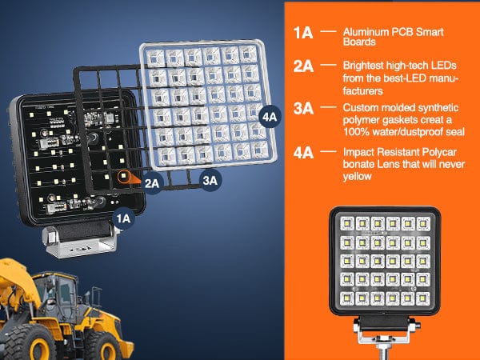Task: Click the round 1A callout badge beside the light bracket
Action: [122, 216]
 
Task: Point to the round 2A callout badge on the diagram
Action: [154, 182]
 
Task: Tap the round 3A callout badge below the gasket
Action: [210, 182]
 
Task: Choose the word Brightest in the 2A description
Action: [361, 63]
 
